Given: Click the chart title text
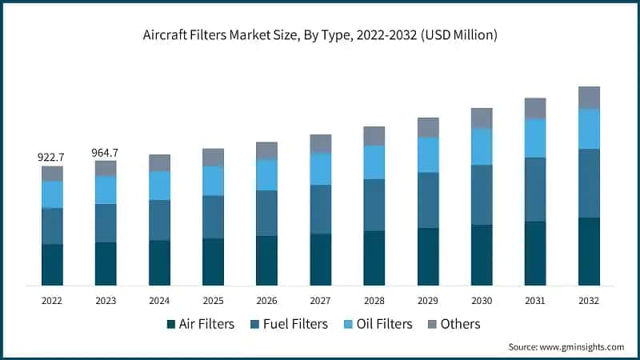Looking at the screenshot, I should pyautogui.click(x=320, y=35).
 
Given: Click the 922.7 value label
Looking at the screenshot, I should pyautogui.click(x=52, y=158).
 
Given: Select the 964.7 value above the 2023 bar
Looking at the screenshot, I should pyautogui.click(x=106, y=152).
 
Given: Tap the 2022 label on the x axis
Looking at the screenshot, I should pyautogui.click(x=52, y=300).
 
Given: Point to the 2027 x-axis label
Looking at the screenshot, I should pyautogui.click(x=320, y=300).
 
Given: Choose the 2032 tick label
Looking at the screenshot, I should pyautogui.click(x=589, y=300).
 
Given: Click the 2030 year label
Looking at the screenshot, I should pyautogui.click(x=482, y=300).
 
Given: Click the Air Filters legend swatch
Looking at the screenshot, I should pyautogui.click(x=171, y=324).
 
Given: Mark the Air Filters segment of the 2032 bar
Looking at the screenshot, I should pyautogui.click(x=589, y=251).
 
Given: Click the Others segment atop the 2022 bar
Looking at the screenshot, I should pyautogui.click(x=52, y=174).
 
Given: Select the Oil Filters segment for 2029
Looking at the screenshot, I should pyautogui.click(x=428, y=154).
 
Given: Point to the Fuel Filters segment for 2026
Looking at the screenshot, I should pyautogui.click(x=266, y=213).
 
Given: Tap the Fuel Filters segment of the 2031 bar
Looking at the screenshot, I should pyautogui.click(x=535, y=190).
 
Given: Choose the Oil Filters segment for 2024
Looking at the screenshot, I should pyautogui.click(x=159, y=186).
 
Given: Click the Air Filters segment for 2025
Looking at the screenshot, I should pyautogui.click(x=213, y=262).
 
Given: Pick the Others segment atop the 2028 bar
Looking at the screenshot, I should pyautogui.click(x=374, y=136).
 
